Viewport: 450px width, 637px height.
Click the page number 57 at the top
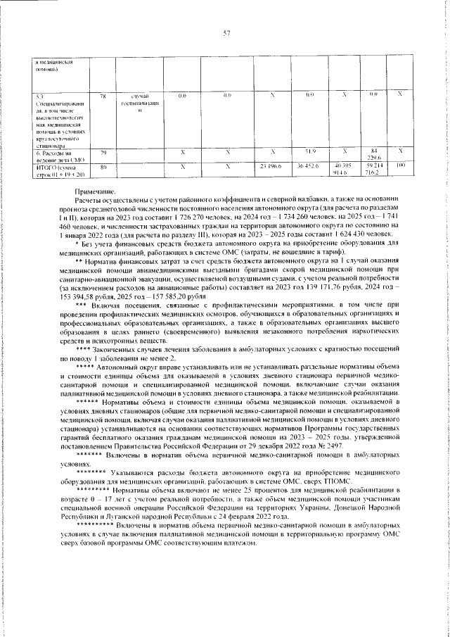coord(226,33)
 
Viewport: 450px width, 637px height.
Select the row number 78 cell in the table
coord(103,95)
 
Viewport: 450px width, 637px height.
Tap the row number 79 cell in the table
coord(103,152)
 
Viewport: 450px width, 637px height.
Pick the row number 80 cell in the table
coord(103,167)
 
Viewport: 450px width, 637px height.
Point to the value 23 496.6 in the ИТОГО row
coord(271,167)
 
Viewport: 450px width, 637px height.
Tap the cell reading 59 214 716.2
coord(374,169)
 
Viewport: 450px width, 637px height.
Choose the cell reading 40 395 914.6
coord(343,169)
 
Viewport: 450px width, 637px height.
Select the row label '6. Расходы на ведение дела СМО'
coord(52,155)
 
